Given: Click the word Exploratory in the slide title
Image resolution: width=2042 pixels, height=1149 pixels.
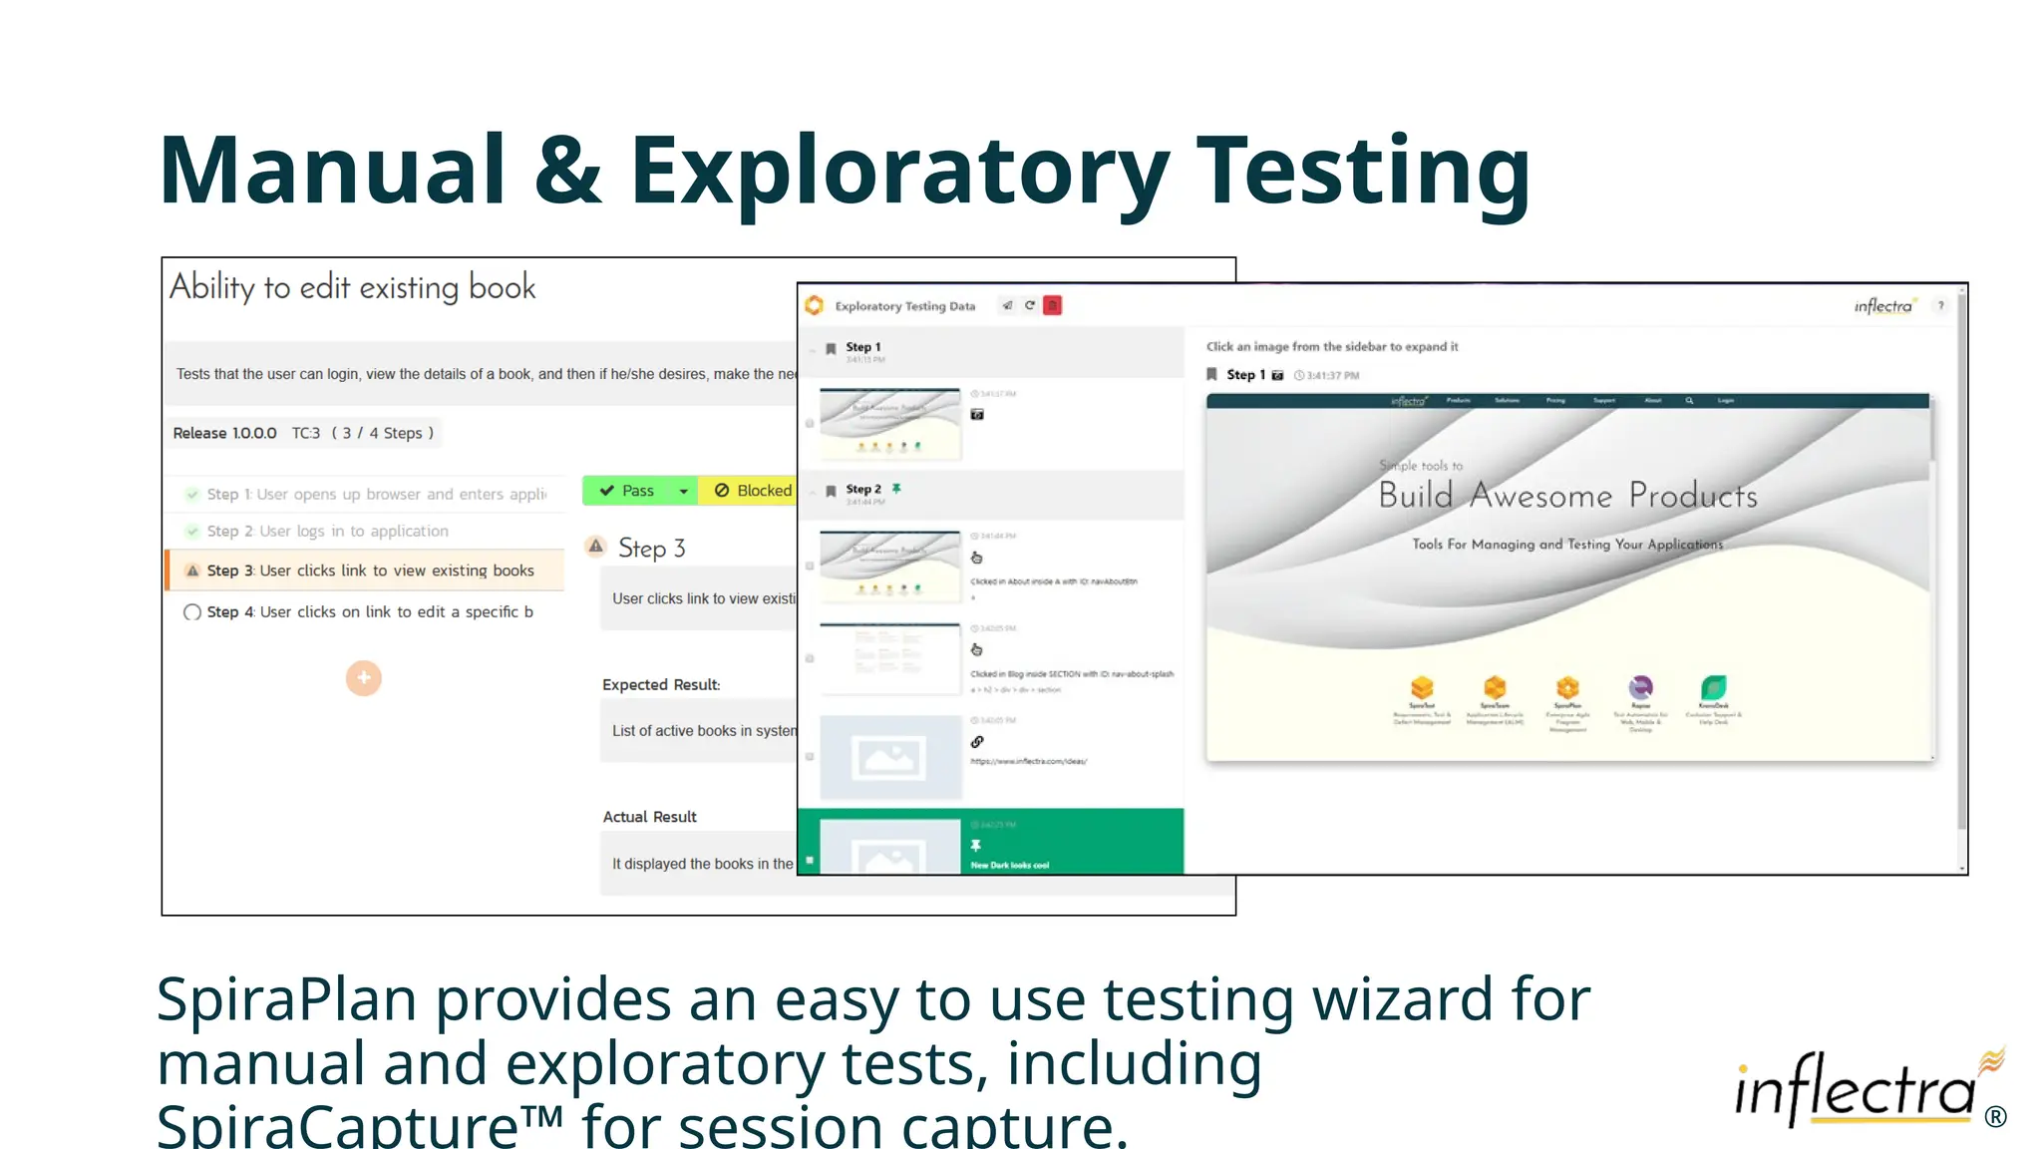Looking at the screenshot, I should pos(899,172).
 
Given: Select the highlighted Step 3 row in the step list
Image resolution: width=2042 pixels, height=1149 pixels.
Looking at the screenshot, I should pos(369,571).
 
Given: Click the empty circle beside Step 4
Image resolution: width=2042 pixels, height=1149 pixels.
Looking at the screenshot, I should pos(192,612).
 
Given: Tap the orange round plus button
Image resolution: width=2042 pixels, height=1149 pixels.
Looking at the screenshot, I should pos(364,678).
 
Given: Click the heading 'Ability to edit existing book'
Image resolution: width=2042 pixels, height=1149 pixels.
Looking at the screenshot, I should pos(352,288).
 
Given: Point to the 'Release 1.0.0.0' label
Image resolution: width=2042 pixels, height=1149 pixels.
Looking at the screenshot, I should pos(224,433).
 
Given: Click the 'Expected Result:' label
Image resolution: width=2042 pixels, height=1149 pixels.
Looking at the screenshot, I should pos(660,685).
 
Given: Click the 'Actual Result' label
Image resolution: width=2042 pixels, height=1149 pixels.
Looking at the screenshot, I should pos(649,817).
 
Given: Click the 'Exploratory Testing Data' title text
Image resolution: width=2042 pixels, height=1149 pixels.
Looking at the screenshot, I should pos(904,306).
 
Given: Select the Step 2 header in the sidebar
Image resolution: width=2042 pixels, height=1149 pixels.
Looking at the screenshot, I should pos(863,490).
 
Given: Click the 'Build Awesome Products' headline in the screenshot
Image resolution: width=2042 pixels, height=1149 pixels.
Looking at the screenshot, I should pos(1567,496).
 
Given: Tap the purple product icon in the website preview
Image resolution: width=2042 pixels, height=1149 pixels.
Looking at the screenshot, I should pos(1640,687).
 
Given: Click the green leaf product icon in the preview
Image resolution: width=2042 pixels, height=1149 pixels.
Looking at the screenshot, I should pos(1713,687).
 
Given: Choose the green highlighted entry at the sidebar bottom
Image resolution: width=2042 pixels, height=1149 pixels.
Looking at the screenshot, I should pos(990,843).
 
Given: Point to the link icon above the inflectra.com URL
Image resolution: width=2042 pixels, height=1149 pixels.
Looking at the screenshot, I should pos(977,742).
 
